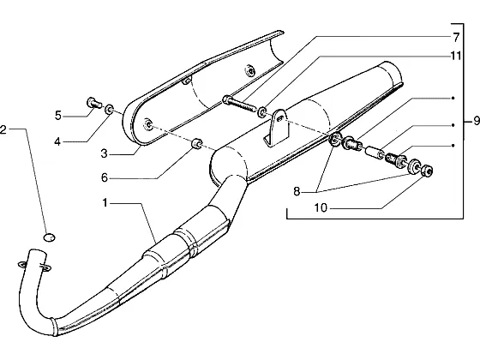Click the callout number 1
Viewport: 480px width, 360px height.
tap(105, 202)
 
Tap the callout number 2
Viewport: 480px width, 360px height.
tap(3, 129)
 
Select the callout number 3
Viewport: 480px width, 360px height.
tap(105, 153)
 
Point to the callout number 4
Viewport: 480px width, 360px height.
tap(57, 141)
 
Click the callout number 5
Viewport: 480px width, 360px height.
tap(58, 116)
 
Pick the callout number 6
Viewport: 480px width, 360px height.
tap(105, 177)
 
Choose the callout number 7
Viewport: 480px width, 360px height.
tap(456, 38)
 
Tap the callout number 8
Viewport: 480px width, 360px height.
tap(297, 192)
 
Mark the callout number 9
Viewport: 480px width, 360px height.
tap(477, 121)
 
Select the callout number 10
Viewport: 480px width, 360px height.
tap(321, 208)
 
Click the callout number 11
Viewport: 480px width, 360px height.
tap(455, 56)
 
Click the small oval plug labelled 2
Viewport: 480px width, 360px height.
tap(50, 237)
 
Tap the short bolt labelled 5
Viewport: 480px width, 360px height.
tap(94, 102)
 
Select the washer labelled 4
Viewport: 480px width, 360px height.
tap(109, 110)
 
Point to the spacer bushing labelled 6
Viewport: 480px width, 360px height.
tap(196, 143)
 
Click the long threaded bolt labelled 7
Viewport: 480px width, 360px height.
tap(239, 103)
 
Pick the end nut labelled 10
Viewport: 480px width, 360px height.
tap(426, 171)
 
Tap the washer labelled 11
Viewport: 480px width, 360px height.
tap(261, 111)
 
